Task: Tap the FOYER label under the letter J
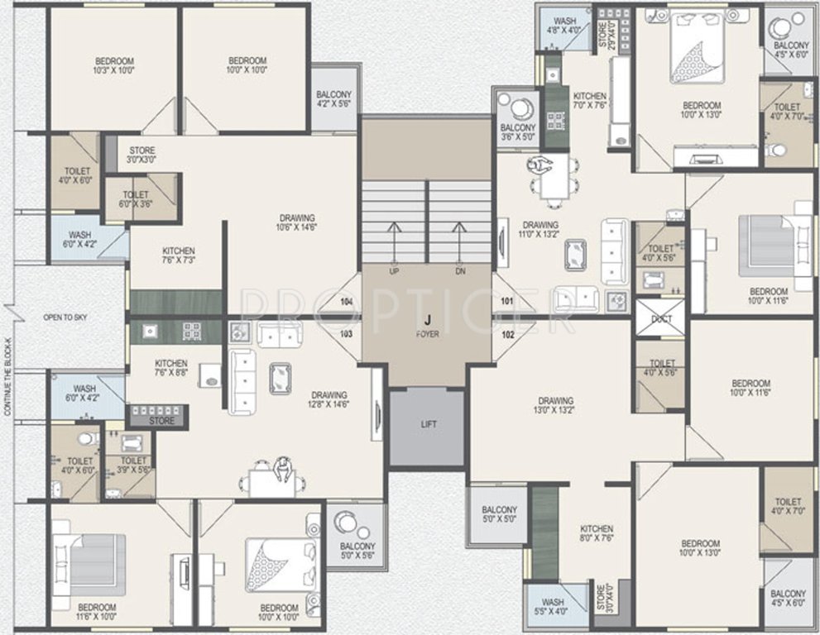(428, 334)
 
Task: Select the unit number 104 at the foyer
(347, 302)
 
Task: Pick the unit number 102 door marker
(507, 334)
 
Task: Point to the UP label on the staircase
(394, 271)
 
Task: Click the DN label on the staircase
(460, 271)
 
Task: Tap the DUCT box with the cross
(661, 319)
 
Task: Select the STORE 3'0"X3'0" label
(141, 155)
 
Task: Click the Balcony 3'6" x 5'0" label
(518, 132)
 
